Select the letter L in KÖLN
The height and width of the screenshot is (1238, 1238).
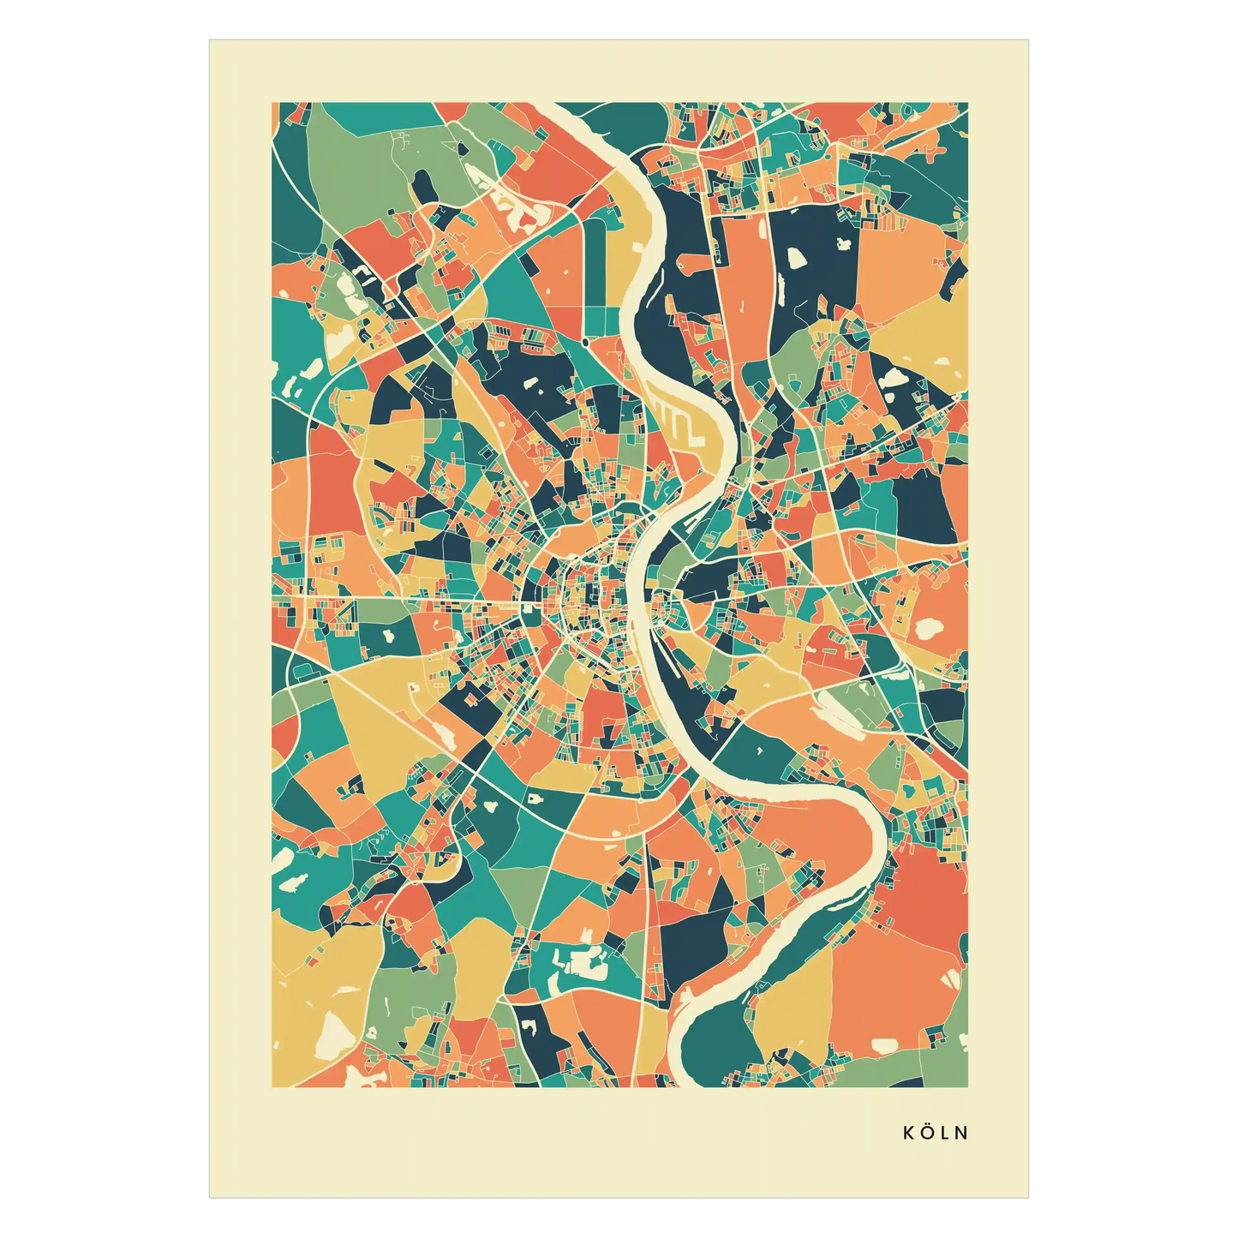point(946,1133)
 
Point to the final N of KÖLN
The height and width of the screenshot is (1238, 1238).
point(962,1133)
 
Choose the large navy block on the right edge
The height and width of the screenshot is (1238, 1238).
point(925,505)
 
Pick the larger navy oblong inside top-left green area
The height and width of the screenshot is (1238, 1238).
point(422,184)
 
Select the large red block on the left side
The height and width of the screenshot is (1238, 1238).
point(330,488)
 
